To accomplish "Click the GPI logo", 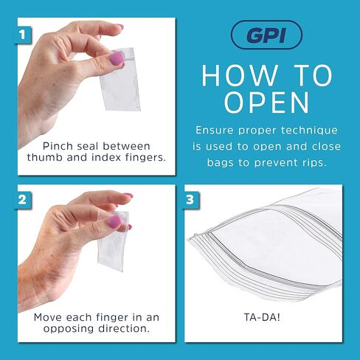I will click(x=266, y=34).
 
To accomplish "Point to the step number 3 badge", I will click(x=191, y=199).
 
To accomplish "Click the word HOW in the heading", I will click(x=235, y=76).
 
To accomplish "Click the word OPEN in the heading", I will click(x=266, y=102).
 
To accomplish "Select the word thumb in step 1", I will click(x=45, y=157).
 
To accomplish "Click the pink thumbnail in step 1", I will click(x=117, y=58).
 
